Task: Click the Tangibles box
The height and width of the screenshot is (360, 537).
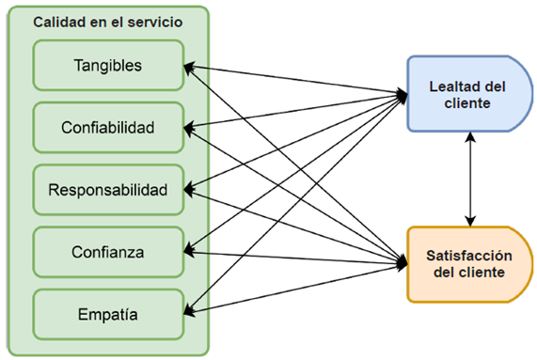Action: pyautogui.click(x=107, y=66)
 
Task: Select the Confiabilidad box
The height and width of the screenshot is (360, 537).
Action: pyautogui.click(x=107, y=127)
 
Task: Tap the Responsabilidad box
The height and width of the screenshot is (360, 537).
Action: pyautogui.click(x=107, y=189)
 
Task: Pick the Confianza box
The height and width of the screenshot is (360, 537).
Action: pyautogui.click(x=107, y=251)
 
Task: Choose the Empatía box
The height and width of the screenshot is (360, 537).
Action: pyautogui.click(x=107, y=314)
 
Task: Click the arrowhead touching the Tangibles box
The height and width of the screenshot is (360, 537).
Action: pyautogui.click(x=188, y=66)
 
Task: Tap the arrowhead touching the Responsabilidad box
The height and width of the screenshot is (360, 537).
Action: pyautogui.click(x=188, y=189)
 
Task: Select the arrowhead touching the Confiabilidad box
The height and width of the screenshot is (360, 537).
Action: pyautogui.click(x=188, y=127)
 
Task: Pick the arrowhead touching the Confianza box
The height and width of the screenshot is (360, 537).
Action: pyautogui.click(x=188, y=251)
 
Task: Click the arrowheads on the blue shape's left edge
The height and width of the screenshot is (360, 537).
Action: pyautogui.click(x=403, y=94)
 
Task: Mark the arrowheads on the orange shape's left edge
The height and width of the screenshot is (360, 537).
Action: pyautogui.click(x=403, y=264)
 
